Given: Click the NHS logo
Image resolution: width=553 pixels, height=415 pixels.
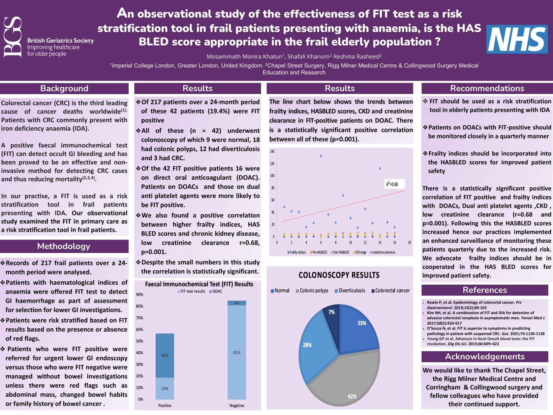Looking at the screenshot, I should pyautogui.click(x=517, y=39).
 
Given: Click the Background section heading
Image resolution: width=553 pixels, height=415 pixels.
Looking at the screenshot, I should pyautogui.click(x=64, y=88).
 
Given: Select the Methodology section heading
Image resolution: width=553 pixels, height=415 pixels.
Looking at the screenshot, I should pyautogui.click(x=64, y=246).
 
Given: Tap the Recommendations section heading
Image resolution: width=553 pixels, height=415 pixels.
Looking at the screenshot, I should pyautogui.click(x=487, y=88).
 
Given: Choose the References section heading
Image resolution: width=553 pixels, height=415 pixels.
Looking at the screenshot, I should pyautogui.click(x=485, y=290).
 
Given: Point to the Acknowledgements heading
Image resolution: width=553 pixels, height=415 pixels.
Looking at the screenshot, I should pyautogui.click(x=485, y=357).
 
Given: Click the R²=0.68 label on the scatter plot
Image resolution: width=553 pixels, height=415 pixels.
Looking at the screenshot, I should pyautogui.click(x=392, y=184).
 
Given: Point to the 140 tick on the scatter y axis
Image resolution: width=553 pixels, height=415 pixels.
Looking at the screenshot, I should pyautogui.click(x=272, y=151).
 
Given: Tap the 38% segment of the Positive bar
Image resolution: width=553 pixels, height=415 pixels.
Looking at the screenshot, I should pyautogui.click(x=165, y=355).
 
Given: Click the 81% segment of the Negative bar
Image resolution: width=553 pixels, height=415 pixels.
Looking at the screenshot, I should pyautogui.click(x=237, y=352).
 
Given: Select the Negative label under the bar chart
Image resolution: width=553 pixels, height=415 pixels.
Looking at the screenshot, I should pyautogui.click(x=237, y=405).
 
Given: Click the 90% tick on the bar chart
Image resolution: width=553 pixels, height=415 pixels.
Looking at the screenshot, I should pyautogui.click(x=139, y=295).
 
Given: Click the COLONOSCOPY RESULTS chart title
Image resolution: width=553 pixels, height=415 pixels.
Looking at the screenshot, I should pyautogui.click(x=339, y=275).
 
